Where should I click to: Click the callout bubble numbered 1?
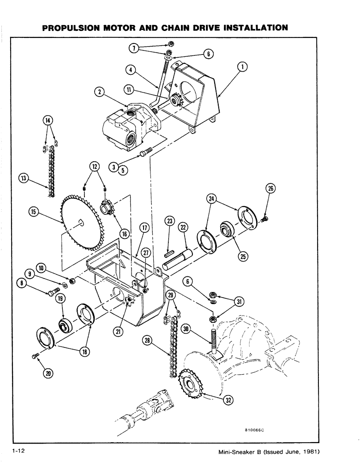coord(242,67)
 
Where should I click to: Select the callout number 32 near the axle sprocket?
coord(227,400)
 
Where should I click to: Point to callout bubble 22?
coord(183,227)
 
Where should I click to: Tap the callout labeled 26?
coord(270,188)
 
